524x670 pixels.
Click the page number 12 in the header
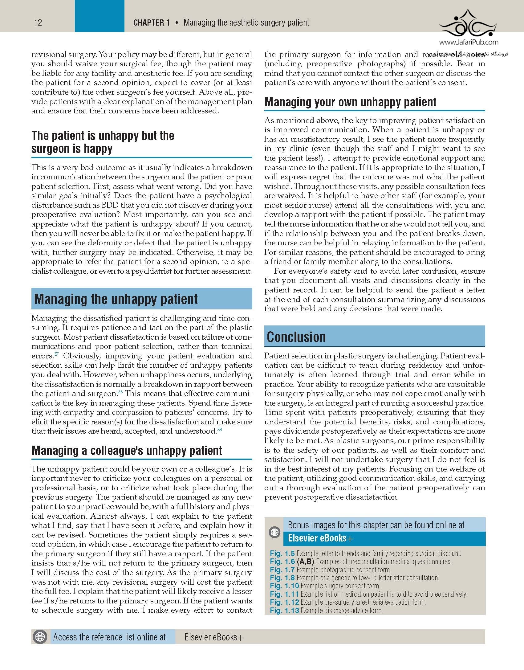(x=38, y=23)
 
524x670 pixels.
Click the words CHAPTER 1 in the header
(x=151, y=23)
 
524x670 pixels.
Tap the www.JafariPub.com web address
(x=469, y=42)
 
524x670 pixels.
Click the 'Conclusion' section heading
(x=296, y=337)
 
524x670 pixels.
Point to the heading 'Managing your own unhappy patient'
(x=350, y=102)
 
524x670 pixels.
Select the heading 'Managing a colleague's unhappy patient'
(x=127, y=451)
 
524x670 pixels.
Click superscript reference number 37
(x=56, y=354)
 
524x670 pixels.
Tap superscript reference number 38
(x=219, y=429)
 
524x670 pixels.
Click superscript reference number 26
(x=120, y=392)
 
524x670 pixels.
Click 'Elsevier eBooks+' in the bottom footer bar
(x=214, y=637)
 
